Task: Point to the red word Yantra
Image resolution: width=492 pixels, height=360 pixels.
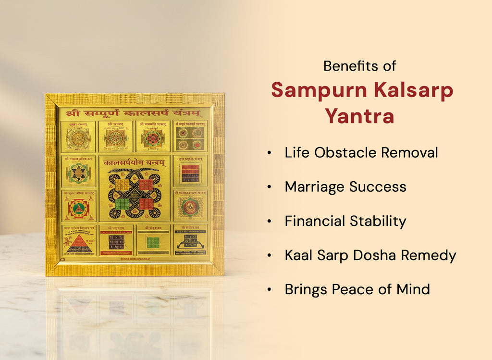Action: point(359,116)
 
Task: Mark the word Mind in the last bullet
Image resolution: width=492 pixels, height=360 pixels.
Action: point(413,289)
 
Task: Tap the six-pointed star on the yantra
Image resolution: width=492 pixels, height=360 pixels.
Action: point(78,173)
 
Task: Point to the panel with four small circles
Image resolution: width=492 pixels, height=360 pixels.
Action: point(190,138)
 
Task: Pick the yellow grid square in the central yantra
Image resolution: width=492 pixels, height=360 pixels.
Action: point(123,184)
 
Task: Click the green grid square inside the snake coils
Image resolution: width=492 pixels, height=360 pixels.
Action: point(123,204)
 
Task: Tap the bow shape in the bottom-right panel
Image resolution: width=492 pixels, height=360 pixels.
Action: point(190,245)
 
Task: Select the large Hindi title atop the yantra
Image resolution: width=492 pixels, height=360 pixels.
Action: point(134,114)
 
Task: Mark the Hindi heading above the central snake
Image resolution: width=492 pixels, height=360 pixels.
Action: point(134,163)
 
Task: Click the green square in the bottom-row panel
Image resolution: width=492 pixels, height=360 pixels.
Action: point(153,242)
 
